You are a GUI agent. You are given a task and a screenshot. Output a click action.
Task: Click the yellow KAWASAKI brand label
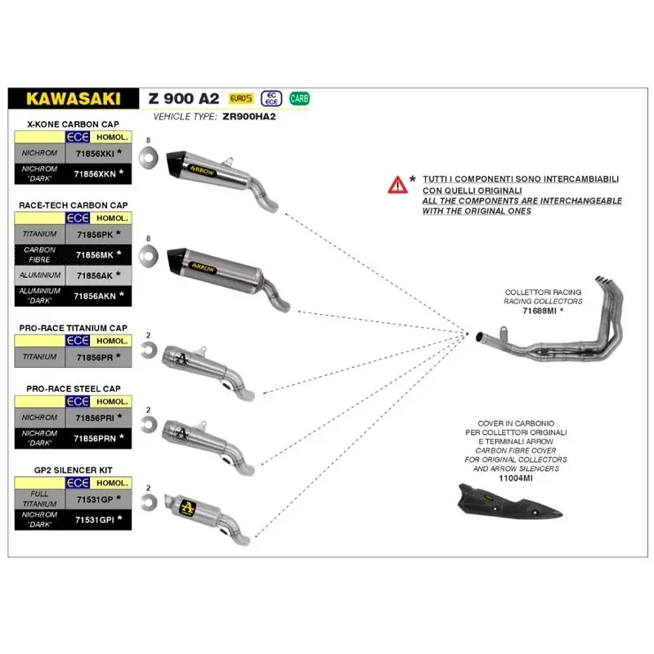click(73, 98)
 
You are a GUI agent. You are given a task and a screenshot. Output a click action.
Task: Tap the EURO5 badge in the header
click(242, 99)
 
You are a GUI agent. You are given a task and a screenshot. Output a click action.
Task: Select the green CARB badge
click(300, 99)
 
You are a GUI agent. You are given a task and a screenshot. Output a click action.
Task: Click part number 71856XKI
click(94, 153)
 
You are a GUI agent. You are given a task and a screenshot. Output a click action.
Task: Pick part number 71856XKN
click(94, 173)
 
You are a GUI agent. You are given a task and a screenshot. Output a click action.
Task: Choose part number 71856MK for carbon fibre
click(94, 254)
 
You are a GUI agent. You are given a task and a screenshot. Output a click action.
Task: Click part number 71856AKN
click(94, 294)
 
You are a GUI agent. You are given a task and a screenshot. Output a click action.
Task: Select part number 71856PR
click(94, 356)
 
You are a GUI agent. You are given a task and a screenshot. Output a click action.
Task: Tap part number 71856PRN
click(94, 437)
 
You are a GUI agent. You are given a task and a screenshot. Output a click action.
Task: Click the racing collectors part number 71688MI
click(541, 311)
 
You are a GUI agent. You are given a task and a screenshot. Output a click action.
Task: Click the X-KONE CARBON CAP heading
click(69, 124)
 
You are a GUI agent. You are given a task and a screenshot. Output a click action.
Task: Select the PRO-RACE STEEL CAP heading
click(74, 388)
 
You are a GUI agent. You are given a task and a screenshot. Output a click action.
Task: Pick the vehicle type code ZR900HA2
click(249, 116)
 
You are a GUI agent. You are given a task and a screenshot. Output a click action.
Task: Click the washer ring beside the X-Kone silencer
click(148, 158)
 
